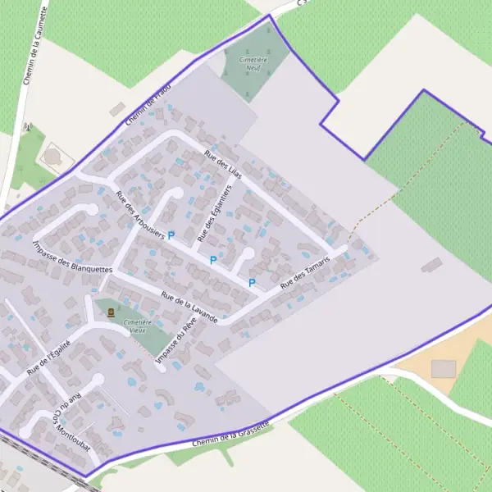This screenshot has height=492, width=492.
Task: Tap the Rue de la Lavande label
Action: point(189,307)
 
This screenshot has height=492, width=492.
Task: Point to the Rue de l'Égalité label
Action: point(49,358)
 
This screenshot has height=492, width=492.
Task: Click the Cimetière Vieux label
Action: point(137,326)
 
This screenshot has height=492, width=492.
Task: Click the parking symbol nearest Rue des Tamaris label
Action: point(252,283)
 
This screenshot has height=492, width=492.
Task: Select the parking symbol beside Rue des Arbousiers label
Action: point(171,235)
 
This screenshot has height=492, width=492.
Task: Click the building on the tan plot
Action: point(443,368)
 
